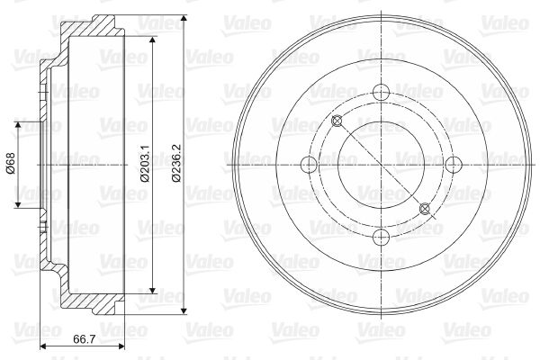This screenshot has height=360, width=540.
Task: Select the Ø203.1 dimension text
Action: point(145,163)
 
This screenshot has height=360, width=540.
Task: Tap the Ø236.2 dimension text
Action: point(176,163)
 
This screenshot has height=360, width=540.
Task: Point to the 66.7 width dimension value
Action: point(85,339)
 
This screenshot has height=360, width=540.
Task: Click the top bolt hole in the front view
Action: point(381,92)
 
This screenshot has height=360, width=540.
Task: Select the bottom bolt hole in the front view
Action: point(381,237)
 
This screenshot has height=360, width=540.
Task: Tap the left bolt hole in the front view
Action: point(309,165)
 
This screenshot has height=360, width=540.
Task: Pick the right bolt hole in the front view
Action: point(454,165)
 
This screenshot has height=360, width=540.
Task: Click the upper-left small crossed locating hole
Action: point(337,121)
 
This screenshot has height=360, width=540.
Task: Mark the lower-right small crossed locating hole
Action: point(425,209)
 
